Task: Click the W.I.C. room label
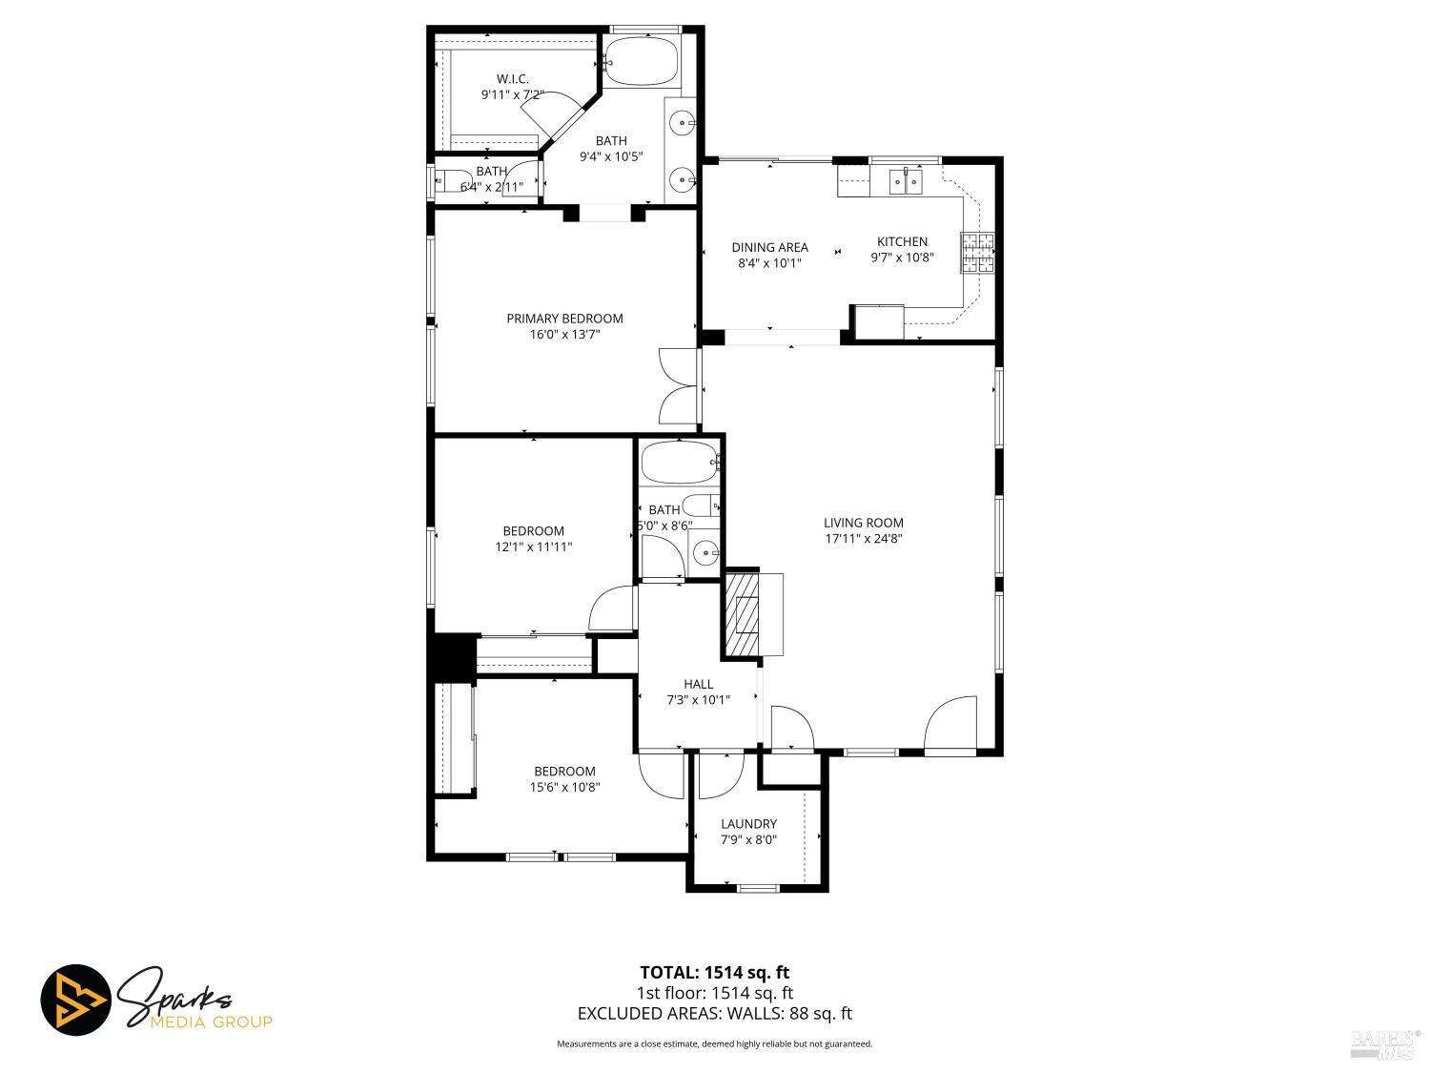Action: click(x=512, y=78)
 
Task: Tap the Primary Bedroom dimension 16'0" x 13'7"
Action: click(x=564, y=335)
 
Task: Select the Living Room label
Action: click(x=864, y=523)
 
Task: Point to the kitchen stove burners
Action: click(x=977, y=253)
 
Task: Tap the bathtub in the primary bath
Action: click(x=643, y=60)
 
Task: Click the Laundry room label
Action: click(x=748, y=824)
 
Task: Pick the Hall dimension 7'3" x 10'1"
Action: click(x=698, y=700)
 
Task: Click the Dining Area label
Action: click(x=769, y=247)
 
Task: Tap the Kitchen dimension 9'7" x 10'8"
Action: click(x=902, y=258)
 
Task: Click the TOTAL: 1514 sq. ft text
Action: click(x=714, y=973)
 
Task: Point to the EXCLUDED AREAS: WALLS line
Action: click(x=714, y=1014)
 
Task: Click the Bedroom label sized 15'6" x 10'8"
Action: click(x=564, y=772)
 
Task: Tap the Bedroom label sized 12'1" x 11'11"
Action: click(x=534, y=531)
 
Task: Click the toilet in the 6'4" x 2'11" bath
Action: click(x=447, y=179)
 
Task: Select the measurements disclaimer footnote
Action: click(x=714, y=1044)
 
